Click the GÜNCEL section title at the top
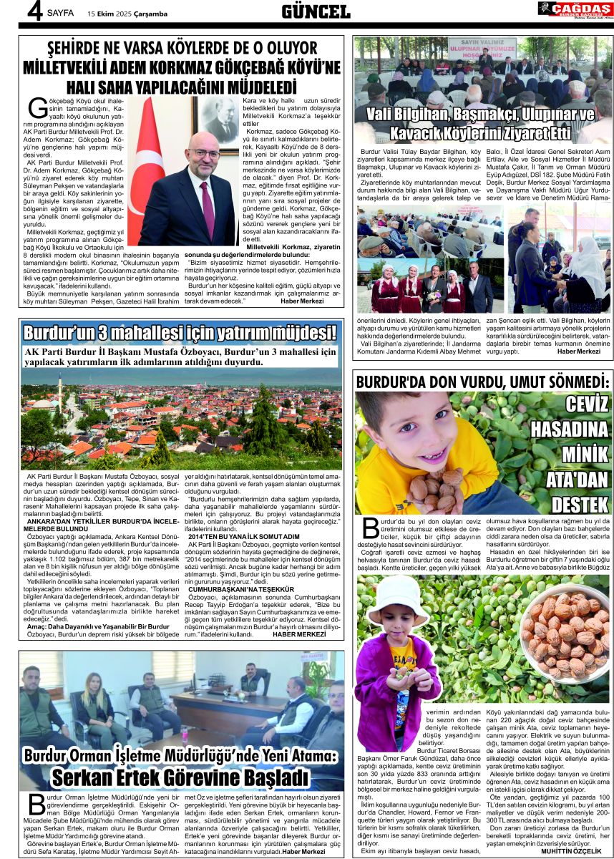[316, 11]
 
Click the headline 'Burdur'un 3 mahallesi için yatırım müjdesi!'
[180, 333]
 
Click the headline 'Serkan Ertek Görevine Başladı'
[180, 777]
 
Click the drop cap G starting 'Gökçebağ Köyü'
[37, 109]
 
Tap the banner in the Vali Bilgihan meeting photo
[482, 48]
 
